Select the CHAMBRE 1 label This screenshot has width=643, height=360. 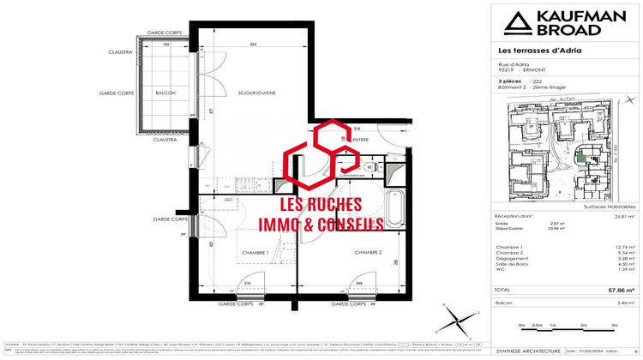255,253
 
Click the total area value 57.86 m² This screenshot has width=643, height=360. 622,291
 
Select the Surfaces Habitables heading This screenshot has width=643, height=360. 610,207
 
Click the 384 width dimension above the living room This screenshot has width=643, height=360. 253,44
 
